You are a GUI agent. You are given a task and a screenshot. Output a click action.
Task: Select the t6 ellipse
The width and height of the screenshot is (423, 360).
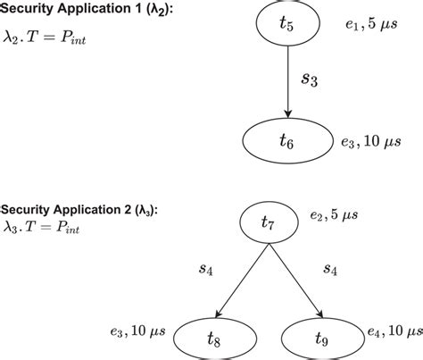point(286,140)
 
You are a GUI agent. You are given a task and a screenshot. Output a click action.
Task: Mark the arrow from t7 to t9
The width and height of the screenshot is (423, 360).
point(295,277)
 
